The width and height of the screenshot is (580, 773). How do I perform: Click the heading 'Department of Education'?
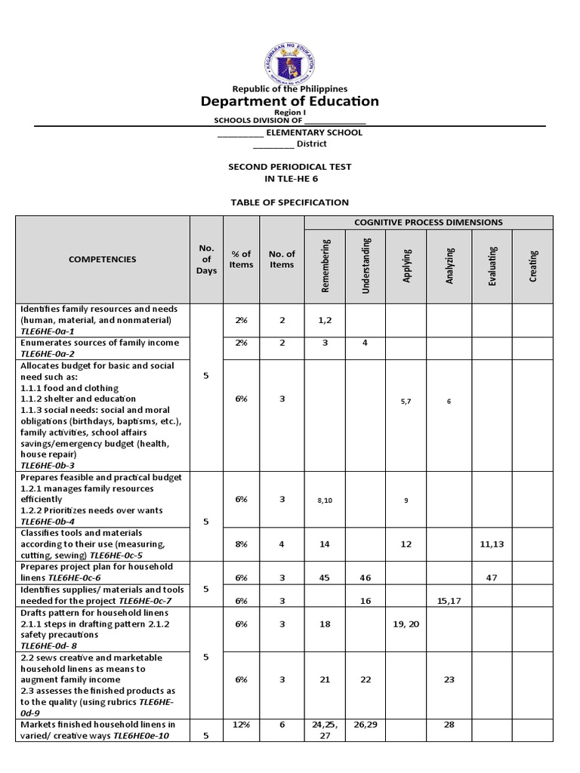coord(290,101)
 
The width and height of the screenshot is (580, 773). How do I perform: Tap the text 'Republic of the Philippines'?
coord(290,88)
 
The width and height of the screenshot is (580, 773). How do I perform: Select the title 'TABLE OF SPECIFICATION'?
coord(290,202)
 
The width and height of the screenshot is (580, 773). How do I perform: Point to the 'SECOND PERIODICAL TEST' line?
coord(290,166)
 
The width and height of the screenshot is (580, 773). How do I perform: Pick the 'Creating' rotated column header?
coord(533,266)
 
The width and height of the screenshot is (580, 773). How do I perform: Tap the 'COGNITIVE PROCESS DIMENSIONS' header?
coord(429,223)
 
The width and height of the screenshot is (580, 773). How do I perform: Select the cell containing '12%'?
coord(241,725)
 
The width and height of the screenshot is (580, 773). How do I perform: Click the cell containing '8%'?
coord(241,544)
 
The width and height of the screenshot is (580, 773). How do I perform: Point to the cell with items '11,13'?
coord(492,544)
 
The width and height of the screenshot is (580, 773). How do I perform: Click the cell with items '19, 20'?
coord(406,625)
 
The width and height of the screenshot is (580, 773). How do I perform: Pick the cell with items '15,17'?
coord(449,600)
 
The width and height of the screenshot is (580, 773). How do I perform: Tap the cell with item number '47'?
coord(492,577)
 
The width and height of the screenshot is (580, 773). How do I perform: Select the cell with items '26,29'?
coord(365,725)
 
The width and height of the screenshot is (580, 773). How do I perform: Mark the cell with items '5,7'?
coord(406,401)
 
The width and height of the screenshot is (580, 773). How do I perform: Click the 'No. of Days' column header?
coord(206,259)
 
